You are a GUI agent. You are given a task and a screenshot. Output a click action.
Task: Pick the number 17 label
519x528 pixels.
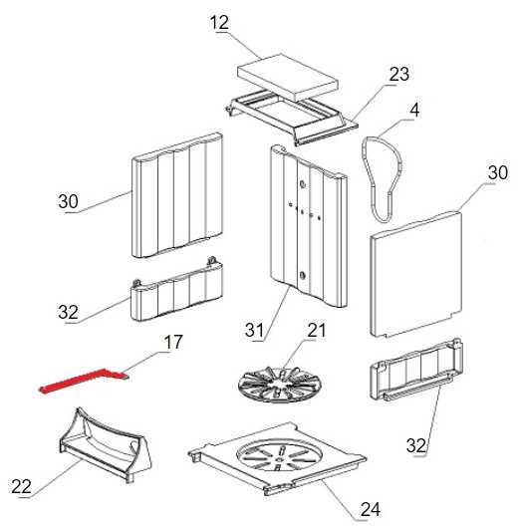point(173,342)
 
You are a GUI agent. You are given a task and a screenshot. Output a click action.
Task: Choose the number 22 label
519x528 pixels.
point(22,486)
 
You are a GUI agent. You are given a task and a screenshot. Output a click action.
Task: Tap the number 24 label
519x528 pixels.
point(370,509)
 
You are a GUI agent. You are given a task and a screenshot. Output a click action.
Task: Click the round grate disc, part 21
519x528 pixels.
point(279,386)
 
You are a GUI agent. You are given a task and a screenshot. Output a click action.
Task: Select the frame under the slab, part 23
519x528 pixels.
point(289,110)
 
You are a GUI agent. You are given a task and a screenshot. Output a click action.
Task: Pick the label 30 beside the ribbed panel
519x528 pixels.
point(68,201)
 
